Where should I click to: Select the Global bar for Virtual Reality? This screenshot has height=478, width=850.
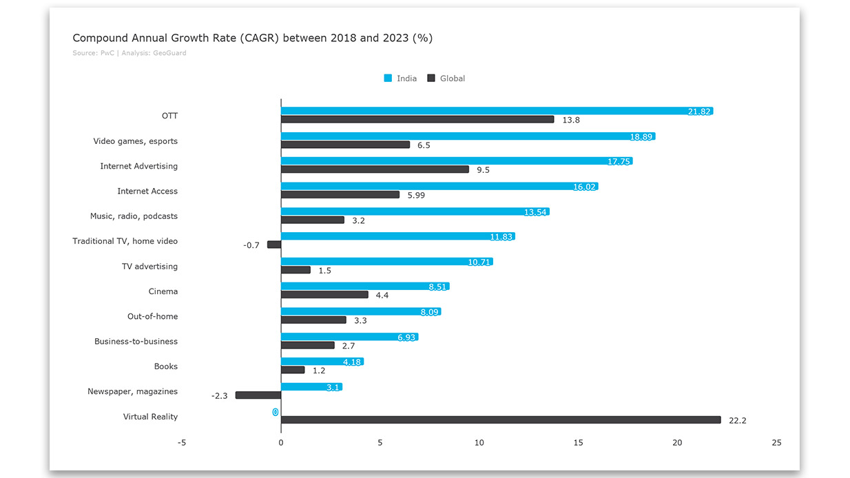501,420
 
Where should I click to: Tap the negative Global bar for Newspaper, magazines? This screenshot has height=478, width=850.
258,395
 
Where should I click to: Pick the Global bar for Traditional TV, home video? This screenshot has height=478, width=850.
274,245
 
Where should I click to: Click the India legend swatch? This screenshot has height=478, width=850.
388,79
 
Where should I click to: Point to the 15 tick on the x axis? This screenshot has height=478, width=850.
578,443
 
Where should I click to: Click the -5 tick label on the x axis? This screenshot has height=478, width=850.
182,443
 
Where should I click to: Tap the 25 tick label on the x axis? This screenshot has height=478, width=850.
776,443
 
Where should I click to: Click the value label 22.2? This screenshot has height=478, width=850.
737,420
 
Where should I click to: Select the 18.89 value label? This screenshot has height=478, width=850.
641,136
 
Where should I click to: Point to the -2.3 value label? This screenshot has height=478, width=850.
219,396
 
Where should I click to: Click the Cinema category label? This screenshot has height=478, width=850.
163,291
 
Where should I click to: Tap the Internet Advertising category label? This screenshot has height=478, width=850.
138,166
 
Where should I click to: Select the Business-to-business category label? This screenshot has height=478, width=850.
136,342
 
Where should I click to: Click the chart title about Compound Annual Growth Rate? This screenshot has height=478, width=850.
252,38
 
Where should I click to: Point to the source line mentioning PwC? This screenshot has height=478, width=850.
129,53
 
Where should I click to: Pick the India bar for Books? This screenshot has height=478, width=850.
322,362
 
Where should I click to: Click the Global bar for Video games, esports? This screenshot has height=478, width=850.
345,145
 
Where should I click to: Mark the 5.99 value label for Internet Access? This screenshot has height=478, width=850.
416,195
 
